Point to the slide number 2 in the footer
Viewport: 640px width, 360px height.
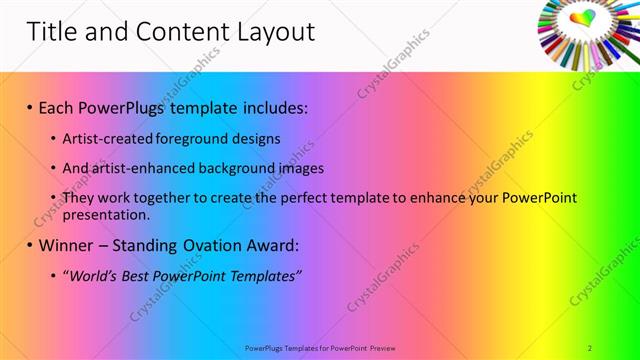(590, 347)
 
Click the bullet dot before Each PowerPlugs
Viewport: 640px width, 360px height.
(30, 107)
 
